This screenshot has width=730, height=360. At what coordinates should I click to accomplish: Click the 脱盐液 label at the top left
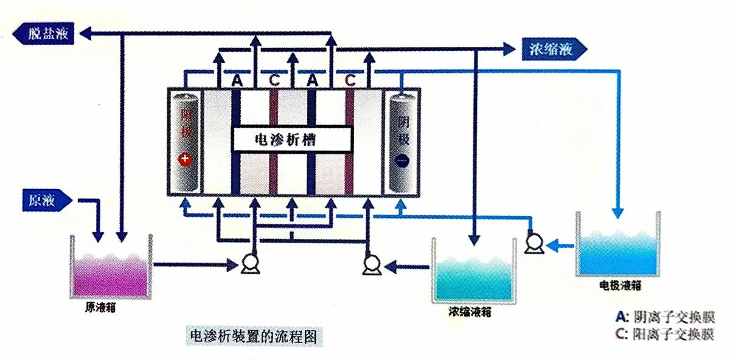pyautogui.click(x=48, y=34)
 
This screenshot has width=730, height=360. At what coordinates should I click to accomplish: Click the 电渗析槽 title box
pyautogui.click(x=291, y=139)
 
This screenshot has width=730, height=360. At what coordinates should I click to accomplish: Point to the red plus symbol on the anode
pyautogui.click(x=184, y=159)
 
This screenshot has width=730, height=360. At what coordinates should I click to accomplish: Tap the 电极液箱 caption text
pyautogui.click(x=620, y=284)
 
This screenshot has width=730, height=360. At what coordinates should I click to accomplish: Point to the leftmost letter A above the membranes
pyautogui.click(x=237, y=80)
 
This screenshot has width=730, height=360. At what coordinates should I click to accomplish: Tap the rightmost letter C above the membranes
pyautogui.click(x=350, y=80)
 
